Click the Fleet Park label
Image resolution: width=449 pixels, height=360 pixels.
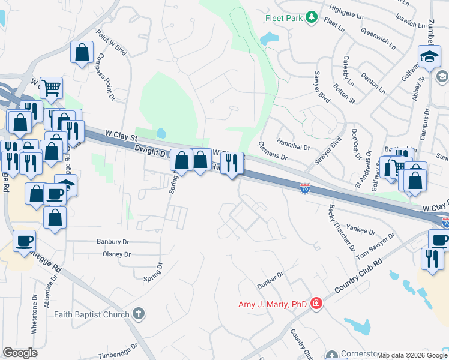coord(283,18)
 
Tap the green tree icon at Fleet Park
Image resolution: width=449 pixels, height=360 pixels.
coord(311,18)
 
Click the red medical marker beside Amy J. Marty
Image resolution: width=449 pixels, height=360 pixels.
coord(316,304)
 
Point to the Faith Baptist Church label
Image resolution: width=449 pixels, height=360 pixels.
coord(91,314)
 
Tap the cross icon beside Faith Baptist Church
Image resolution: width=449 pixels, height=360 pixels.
coord(139,314)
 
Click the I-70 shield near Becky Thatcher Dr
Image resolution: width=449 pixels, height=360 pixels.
coord(305,188)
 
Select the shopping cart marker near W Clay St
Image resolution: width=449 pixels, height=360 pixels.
coord(52,88)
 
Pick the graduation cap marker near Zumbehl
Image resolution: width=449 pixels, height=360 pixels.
coord(430,58)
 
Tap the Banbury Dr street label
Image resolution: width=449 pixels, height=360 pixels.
coord(113,242)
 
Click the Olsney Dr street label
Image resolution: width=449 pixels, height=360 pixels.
coord(116,254)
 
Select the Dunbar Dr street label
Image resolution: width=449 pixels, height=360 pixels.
coord(271,278)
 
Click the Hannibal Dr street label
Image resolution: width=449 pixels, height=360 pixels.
coord(293,146)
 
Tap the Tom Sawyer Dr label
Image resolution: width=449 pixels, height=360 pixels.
coord(376,247)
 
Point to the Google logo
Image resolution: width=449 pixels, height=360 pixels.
coord(20,352)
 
